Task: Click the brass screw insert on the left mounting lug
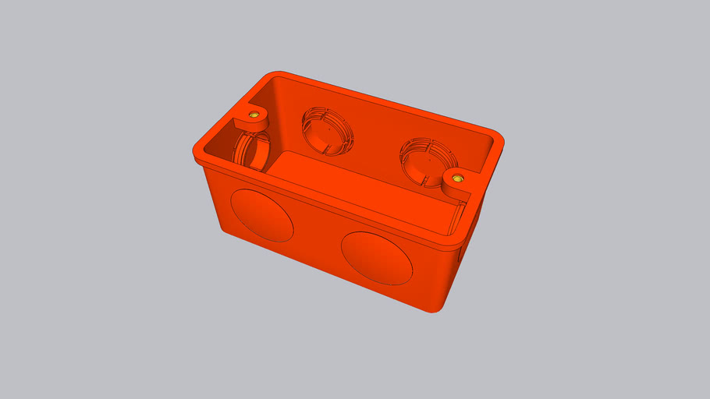pos(254,115)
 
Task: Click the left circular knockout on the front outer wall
pos(261,213)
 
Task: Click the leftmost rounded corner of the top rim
pos(196,151)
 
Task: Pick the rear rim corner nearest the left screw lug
pos(273,76)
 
